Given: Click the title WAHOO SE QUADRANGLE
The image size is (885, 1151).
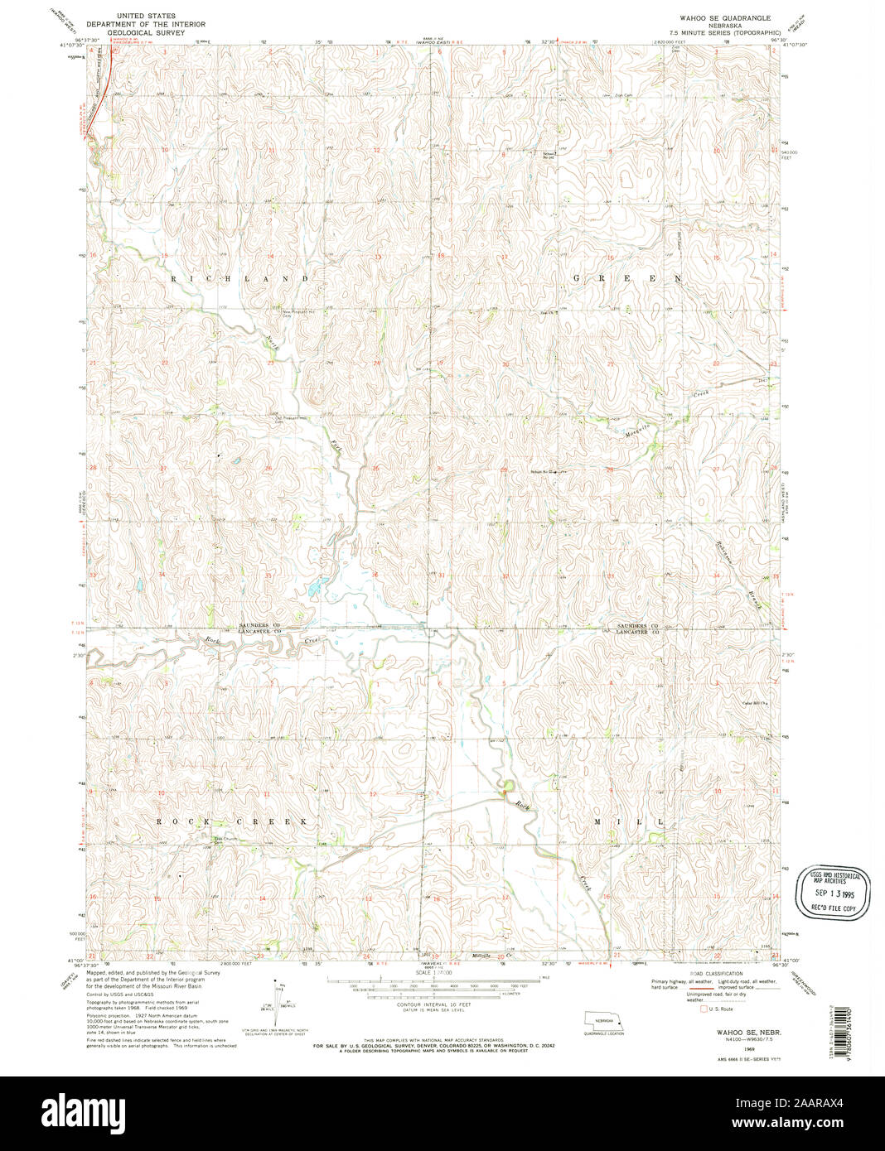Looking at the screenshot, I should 725,17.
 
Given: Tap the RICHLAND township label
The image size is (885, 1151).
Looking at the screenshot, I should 240,279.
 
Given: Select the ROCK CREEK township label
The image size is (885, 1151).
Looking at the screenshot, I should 232,821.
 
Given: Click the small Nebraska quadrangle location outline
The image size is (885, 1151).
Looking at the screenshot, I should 602,1020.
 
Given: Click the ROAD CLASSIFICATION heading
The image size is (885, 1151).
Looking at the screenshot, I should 716,973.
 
